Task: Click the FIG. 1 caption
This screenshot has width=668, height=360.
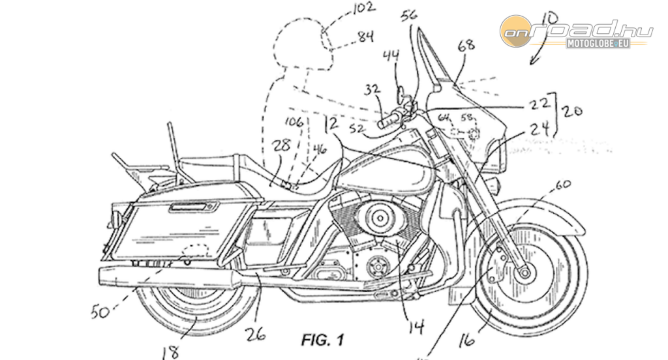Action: tap(323, 340)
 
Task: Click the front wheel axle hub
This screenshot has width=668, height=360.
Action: tap(523, 273)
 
